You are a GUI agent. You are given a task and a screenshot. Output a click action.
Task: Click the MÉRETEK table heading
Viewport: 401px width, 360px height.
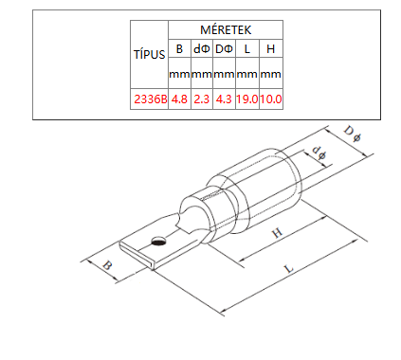(x=226, y=30)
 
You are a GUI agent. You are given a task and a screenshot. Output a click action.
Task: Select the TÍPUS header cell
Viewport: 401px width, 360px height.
(x=149, y=54)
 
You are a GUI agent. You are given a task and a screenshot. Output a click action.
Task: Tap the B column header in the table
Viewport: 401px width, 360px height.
(x=179, y=49)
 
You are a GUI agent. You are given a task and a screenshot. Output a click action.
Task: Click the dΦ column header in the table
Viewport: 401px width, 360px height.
(x=202, y=49)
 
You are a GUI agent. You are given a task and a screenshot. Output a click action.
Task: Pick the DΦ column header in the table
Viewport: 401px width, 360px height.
(x=224, y=49)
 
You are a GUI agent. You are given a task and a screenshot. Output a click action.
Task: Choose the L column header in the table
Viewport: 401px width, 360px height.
(x=247, y=49)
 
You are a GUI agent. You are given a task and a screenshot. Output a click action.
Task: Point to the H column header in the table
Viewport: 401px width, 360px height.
(x=271, y=49)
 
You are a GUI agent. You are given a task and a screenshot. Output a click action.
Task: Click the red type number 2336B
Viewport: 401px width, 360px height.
(x=150, y=99)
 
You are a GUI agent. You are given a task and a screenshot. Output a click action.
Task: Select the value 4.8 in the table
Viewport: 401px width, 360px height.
(x=179, y=99)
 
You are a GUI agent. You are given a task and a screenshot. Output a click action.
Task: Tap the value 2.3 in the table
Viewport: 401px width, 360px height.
(x=202, y=99)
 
